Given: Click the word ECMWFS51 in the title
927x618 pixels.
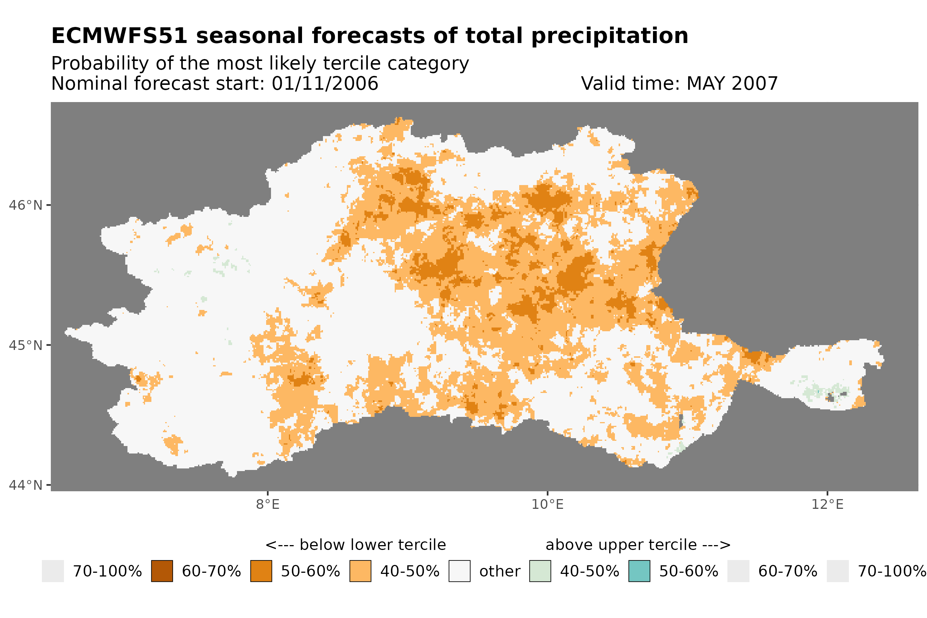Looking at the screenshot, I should coord(119,36).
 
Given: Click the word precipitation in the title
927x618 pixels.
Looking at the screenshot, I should coord(609,36).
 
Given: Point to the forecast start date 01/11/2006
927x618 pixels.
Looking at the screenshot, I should coord(324,83).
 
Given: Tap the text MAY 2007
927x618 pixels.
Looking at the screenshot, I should coord(732,83).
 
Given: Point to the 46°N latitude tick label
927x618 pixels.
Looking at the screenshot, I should coord(26,205).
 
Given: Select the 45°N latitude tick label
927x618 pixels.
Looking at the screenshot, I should coord(26,345).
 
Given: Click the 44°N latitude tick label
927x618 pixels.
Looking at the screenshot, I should coord(26,485).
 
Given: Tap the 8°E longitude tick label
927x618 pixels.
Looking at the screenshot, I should coord(268,504).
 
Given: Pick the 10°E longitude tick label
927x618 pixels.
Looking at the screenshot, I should coord(547,504).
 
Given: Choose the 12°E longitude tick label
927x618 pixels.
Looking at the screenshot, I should coord(827,504).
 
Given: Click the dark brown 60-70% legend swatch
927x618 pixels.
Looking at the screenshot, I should coord(162,571).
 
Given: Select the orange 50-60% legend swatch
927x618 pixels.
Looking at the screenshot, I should coord(261,571).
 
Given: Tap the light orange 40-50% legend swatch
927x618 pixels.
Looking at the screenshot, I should coord(360,571).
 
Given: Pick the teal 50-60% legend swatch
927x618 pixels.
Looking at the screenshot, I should coord(639,571).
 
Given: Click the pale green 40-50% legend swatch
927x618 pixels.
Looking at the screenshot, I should coord(540,571).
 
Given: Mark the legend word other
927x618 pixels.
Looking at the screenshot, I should coord(499,572).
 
